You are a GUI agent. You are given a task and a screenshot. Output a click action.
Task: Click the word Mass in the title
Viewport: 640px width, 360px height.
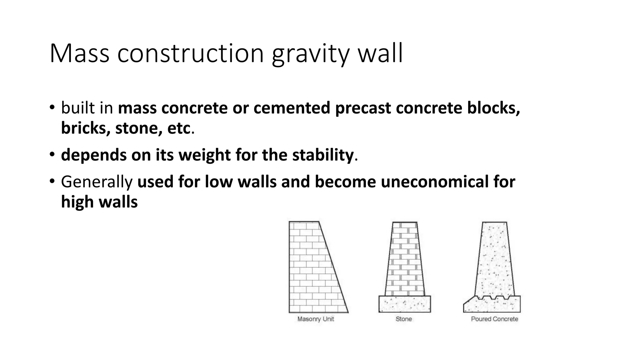tap(79, 54)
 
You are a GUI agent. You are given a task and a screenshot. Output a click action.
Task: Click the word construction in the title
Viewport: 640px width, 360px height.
tap(191, 54)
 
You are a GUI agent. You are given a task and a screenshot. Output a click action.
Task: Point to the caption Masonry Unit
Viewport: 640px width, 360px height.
tap(315, 319)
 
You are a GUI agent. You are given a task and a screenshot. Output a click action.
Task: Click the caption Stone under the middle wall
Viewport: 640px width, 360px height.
tap(403, 319)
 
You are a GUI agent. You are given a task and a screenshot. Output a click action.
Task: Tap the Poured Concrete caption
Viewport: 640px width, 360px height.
tap(494, 319)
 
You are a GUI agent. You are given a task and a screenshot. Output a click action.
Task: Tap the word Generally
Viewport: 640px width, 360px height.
tap(97, 182)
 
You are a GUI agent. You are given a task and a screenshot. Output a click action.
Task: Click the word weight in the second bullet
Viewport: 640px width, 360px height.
tap(202, 155)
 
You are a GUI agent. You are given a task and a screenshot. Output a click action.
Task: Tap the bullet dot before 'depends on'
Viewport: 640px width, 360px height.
tap(52, 154)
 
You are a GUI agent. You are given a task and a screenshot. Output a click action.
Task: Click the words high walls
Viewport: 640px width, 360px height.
tap(99, 202)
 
